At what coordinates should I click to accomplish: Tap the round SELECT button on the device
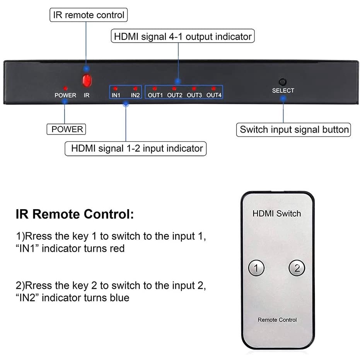point(283,82)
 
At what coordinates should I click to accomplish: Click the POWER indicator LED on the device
point(65,89)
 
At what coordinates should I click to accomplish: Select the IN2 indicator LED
point(135,89)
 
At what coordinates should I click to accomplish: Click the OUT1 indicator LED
point(155,89)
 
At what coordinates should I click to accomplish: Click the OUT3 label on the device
point(194,95)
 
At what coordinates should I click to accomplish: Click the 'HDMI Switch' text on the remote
point(276,213)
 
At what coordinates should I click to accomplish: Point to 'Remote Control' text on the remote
point(277,320)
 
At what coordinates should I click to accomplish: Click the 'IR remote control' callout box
point(89,15)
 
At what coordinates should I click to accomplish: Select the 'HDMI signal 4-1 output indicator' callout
point(183,37)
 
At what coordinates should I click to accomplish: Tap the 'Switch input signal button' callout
point(294,130)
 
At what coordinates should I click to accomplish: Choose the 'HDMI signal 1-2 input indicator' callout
point(135,148)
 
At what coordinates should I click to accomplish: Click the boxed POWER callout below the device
point(66,129)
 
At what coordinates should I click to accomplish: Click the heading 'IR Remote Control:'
point(75,214)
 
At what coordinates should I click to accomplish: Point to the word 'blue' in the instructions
point(118,297)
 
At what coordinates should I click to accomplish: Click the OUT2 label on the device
point(174,95)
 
